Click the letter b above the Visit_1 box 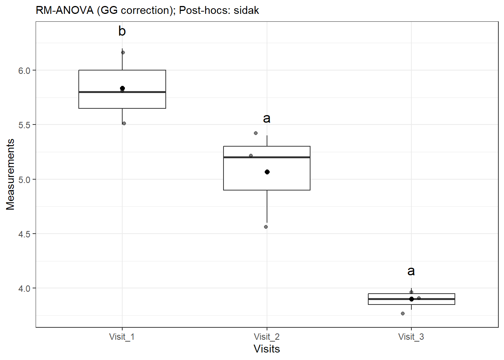122,31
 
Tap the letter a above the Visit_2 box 267,118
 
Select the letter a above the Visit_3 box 411,271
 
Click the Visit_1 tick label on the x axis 122,337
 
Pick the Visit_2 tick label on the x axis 267,337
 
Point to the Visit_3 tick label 411,337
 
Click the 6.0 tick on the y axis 24,71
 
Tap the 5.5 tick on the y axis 24,125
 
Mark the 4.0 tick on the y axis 24,289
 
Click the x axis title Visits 267,349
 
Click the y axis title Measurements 10,174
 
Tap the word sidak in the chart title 246,10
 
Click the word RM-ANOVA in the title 64,10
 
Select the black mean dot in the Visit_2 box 267,172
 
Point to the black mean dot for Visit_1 122,88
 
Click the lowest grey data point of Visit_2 266,227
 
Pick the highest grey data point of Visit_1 123,52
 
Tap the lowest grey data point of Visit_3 403,313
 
